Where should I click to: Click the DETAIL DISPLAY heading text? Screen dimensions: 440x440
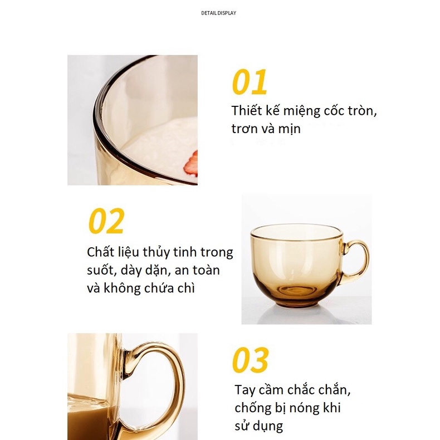[x=218, y=13]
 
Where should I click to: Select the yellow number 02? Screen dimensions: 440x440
[x=106, y=222]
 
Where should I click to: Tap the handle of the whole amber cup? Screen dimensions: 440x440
[x=356, y=261]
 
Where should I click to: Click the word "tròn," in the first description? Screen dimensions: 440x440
[x=360, y=110]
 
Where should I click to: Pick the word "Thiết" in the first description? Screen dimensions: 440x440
[x=246, y=110]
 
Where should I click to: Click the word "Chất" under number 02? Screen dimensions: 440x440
[x=100, y=252]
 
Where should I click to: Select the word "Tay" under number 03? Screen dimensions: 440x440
[x=245, y=389]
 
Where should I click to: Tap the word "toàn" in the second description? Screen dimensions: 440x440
[x=203, y=271]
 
